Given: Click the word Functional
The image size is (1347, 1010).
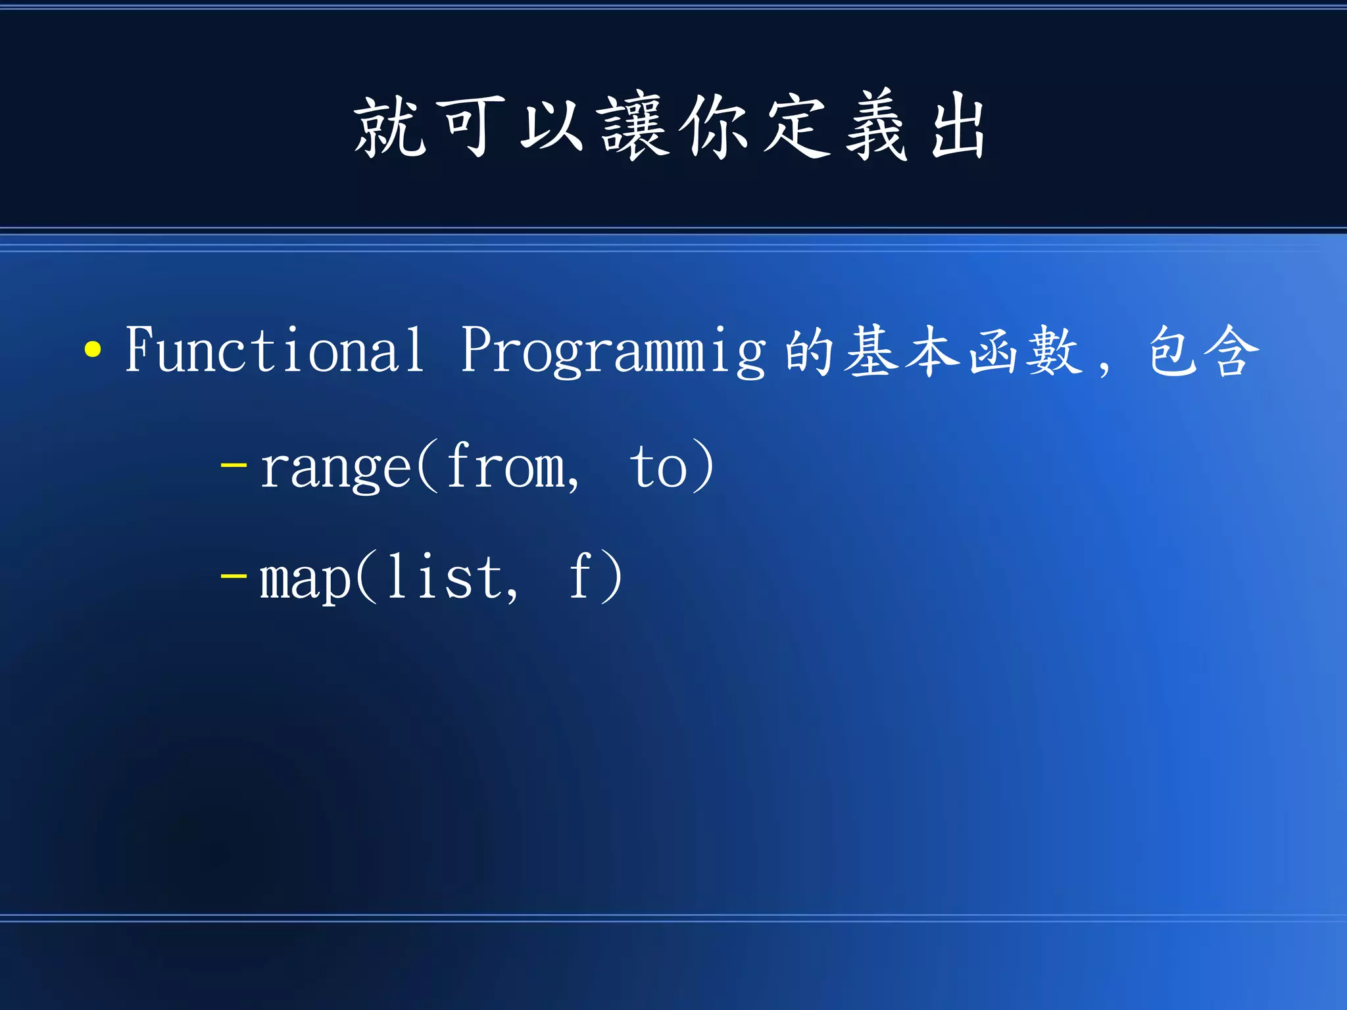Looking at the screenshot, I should coord(274,350).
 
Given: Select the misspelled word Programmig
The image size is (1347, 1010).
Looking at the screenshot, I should coord(613,352).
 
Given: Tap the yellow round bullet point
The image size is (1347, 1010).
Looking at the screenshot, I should coord(93,350).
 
